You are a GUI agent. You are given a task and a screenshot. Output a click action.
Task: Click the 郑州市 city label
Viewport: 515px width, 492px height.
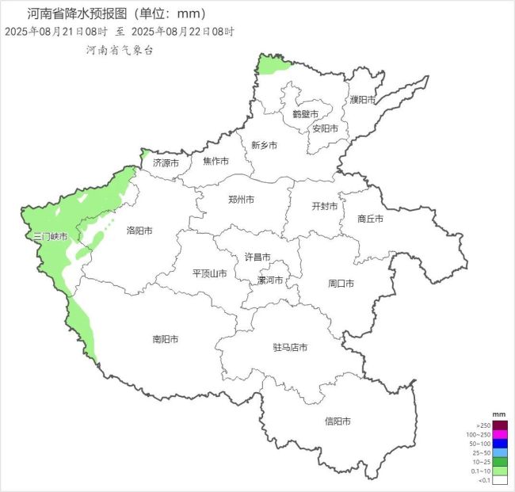pos(241,200)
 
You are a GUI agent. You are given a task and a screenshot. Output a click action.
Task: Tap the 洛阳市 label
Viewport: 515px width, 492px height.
pos(139,231)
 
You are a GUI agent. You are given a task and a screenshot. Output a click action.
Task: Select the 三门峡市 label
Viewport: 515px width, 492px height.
pos(50,236)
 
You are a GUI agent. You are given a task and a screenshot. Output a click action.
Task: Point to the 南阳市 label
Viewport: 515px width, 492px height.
pos(165,339)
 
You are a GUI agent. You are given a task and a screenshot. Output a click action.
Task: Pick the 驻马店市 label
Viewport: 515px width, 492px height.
pos(289,347)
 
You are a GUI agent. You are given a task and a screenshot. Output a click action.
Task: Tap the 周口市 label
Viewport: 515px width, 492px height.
pos(341,283)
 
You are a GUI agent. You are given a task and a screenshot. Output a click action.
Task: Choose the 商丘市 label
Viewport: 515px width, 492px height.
pos(370,219)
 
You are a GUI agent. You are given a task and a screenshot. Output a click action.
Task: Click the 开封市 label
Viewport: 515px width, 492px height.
pos(325,206)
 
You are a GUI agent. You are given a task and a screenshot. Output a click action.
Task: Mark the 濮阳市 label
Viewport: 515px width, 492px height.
pos(363,100)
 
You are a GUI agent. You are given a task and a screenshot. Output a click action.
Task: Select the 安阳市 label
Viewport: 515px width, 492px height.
pos(325,128)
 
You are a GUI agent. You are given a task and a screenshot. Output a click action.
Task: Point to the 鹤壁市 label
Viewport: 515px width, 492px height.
pos(305,114)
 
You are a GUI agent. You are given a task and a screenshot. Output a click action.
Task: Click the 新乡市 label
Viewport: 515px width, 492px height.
pos(264,145)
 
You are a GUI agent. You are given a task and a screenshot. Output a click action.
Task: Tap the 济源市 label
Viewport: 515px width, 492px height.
pos(166,162)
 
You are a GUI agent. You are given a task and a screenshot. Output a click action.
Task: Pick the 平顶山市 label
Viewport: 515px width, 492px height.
pos(210,273)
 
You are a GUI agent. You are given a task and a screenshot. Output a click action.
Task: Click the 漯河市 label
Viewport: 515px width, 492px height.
pos(271,280)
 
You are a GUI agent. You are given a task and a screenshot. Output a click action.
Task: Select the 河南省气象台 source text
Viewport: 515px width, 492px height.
pos(120,49)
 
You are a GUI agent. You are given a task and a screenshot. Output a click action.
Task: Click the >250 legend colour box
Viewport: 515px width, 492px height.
pos(499,425)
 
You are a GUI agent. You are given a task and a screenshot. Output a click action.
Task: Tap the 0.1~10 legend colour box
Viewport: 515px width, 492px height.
pos(499,471)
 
